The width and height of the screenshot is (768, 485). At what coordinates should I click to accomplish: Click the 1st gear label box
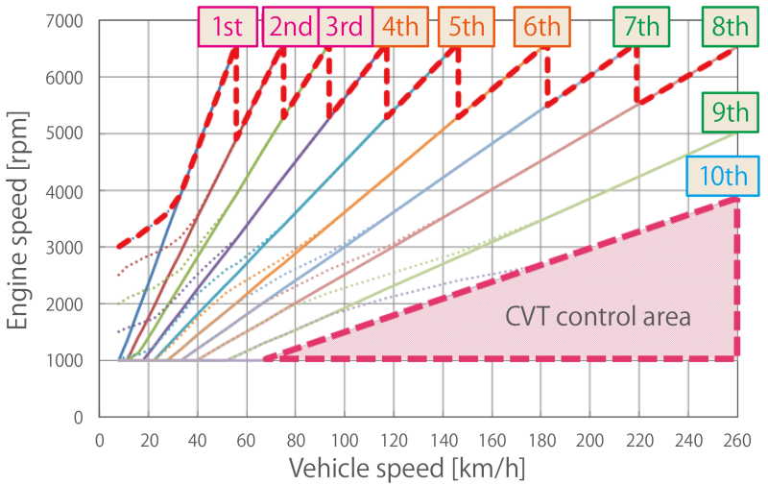click(227, 26)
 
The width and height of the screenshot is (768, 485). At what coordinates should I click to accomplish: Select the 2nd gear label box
click(292, 26)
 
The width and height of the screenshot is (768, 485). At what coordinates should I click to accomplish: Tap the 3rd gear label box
click(344, 26)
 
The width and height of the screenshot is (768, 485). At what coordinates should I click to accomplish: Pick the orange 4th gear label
click(399, 26)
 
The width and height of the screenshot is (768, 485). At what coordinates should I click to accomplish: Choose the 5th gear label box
click(467, 26)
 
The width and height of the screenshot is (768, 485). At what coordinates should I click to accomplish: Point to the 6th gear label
click(541, 26)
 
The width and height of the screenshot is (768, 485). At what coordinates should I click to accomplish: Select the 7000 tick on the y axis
click(62, 21)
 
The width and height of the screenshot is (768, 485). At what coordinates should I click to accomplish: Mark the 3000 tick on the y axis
click(62, 248)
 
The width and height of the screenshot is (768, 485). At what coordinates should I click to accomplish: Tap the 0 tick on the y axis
click(78, 418)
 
